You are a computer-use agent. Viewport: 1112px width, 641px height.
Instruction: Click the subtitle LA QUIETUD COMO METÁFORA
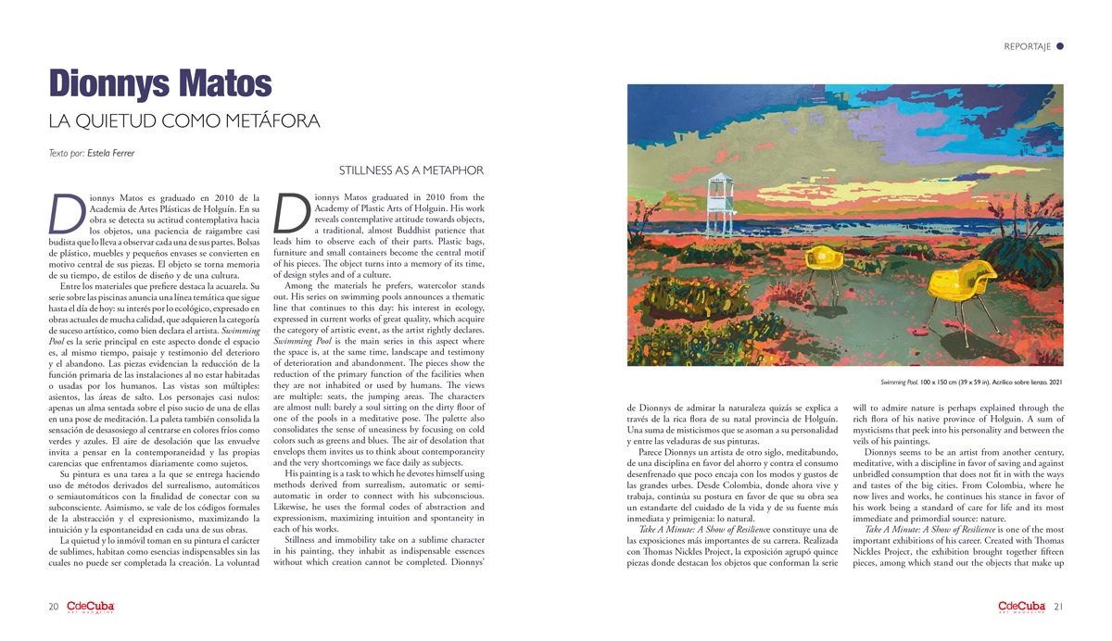184,121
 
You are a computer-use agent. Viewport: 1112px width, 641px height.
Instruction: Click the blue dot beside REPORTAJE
1060,45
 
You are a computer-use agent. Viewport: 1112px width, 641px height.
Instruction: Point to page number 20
55,608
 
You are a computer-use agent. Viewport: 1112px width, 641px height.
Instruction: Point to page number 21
1057,608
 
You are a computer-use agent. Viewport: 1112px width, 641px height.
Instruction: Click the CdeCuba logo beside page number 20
91,607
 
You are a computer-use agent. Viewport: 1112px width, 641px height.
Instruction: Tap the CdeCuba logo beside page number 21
1022,607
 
